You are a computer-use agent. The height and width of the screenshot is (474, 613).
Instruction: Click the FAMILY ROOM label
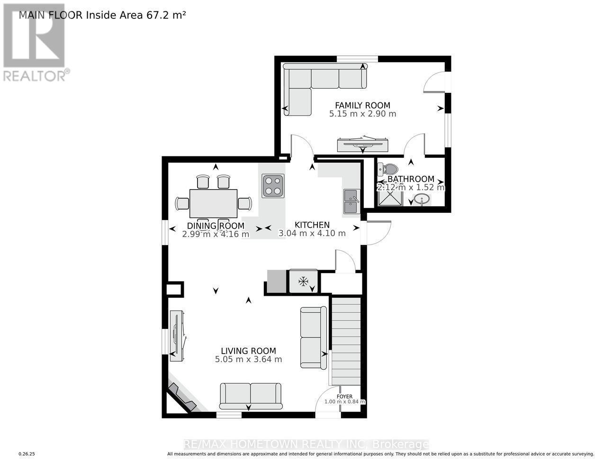(x=362, y=105)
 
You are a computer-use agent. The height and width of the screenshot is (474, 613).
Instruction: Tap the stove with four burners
(x=273, y=186)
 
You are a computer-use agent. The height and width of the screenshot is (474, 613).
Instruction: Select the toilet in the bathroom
(x=389, y=169)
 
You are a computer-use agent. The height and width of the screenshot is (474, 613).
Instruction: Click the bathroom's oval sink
(x=422, y=200)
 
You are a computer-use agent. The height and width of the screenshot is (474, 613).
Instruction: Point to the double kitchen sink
(x=351, y=201)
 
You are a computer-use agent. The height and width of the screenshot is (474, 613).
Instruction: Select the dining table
(x=213, y=204)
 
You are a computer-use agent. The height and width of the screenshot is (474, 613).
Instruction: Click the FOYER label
(x=344, y=397)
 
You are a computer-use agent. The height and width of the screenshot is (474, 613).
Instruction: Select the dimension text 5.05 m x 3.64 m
(x=248, y=359)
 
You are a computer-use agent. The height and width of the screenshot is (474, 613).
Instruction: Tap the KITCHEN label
(x=312, y=225)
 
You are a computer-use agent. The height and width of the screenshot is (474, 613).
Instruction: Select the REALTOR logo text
(x=35, y=75)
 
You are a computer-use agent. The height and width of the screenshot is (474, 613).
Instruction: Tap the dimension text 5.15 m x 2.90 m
(x=362, y=114)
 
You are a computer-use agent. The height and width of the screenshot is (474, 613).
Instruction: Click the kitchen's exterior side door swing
(x=378, y=233)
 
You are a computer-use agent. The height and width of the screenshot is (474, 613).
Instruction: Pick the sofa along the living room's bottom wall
(x=251, y=396)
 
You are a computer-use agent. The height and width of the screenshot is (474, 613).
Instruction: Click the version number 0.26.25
(x=27, y=454)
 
